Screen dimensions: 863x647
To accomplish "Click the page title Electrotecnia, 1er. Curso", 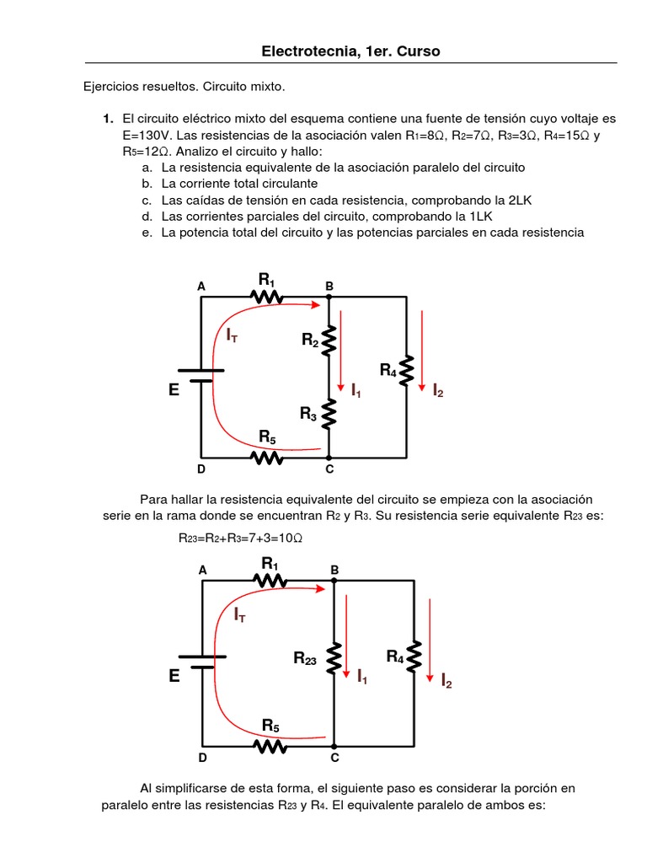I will click(350, 52).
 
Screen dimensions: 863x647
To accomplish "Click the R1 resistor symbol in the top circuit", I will click(267, 296).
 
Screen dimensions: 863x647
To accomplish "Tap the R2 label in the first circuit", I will click(310, 340).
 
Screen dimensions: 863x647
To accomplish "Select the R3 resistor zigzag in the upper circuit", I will click(329, 413).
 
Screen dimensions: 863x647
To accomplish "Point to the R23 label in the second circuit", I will click(305, 659).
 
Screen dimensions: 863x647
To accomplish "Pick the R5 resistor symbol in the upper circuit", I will click(267, 457).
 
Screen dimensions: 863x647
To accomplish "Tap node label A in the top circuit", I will click(201, 287).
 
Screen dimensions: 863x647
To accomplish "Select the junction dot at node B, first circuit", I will click(329, 297).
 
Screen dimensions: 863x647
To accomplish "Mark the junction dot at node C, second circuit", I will click(334, 746).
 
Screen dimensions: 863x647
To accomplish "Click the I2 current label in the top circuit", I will click(438, 390).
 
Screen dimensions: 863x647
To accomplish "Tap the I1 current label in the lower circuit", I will click(361, 676).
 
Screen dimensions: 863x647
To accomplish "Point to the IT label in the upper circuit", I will click(232, 335).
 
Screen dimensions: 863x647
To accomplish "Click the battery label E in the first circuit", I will click(174, 390).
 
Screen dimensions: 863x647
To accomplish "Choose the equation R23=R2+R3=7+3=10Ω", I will click(240, 539).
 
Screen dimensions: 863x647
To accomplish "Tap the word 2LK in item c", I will click(518, 200).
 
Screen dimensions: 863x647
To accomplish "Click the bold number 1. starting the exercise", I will click(108, 120).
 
